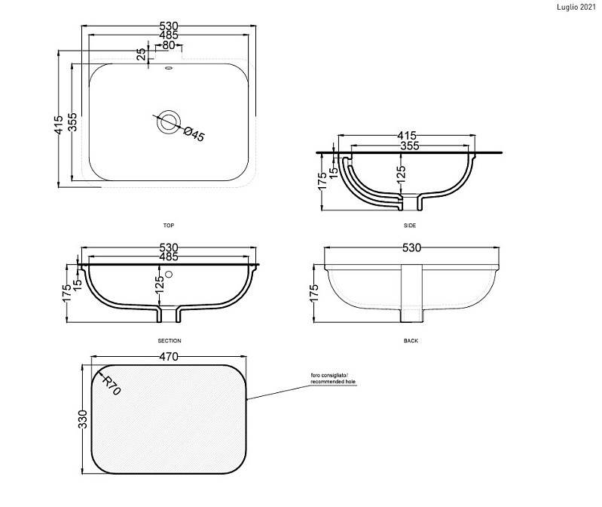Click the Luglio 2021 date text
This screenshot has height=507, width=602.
coord(576,8)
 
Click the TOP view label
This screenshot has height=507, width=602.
coord(169,226)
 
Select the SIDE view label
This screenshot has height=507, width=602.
coord(410,226)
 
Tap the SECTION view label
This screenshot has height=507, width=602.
coord(170,340)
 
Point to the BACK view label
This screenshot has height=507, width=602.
coord(411,340)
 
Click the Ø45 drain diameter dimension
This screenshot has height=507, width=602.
coord(194,134)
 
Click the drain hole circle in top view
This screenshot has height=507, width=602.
coord(168,122)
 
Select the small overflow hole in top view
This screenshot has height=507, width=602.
coord(168,69)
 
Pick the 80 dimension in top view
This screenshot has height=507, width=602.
coord(169,45)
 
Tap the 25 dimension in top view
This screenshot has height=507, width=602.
coord(142,54)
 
